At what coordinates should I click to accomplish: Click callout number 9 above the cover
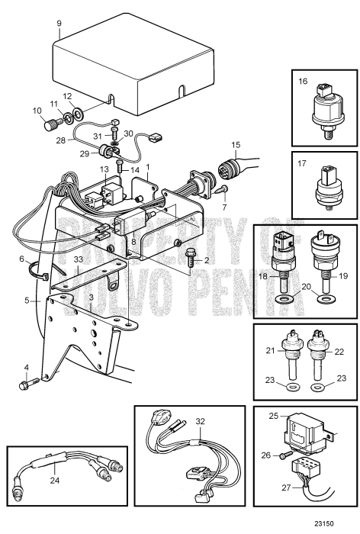(59, 24)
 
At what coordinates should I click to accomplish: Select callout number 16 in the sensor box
(302, 80)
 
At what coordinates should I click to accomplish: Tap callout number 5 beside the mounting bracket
(26, 301)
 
